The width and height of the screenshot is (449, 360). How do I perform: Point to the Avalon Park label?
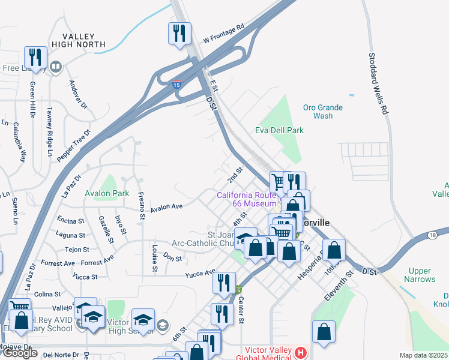tap(107, 194)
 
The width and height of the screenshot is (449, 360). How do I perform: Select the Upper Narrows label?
tap(420, 275)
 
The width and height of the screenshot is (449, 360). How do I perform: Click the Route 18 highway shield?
tap(433, 235)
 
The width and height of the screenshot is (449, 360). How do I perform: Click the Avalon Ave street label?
tap(166, 207)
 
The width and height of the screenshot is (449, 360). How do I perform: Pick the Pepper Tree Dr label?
tap(74, 145)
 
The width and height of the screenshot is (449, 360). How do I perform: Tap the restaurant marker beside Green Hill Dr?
tap(35, 58)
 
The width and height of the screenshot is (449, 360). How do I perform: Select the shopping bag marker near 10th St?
tap(334, 251)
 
